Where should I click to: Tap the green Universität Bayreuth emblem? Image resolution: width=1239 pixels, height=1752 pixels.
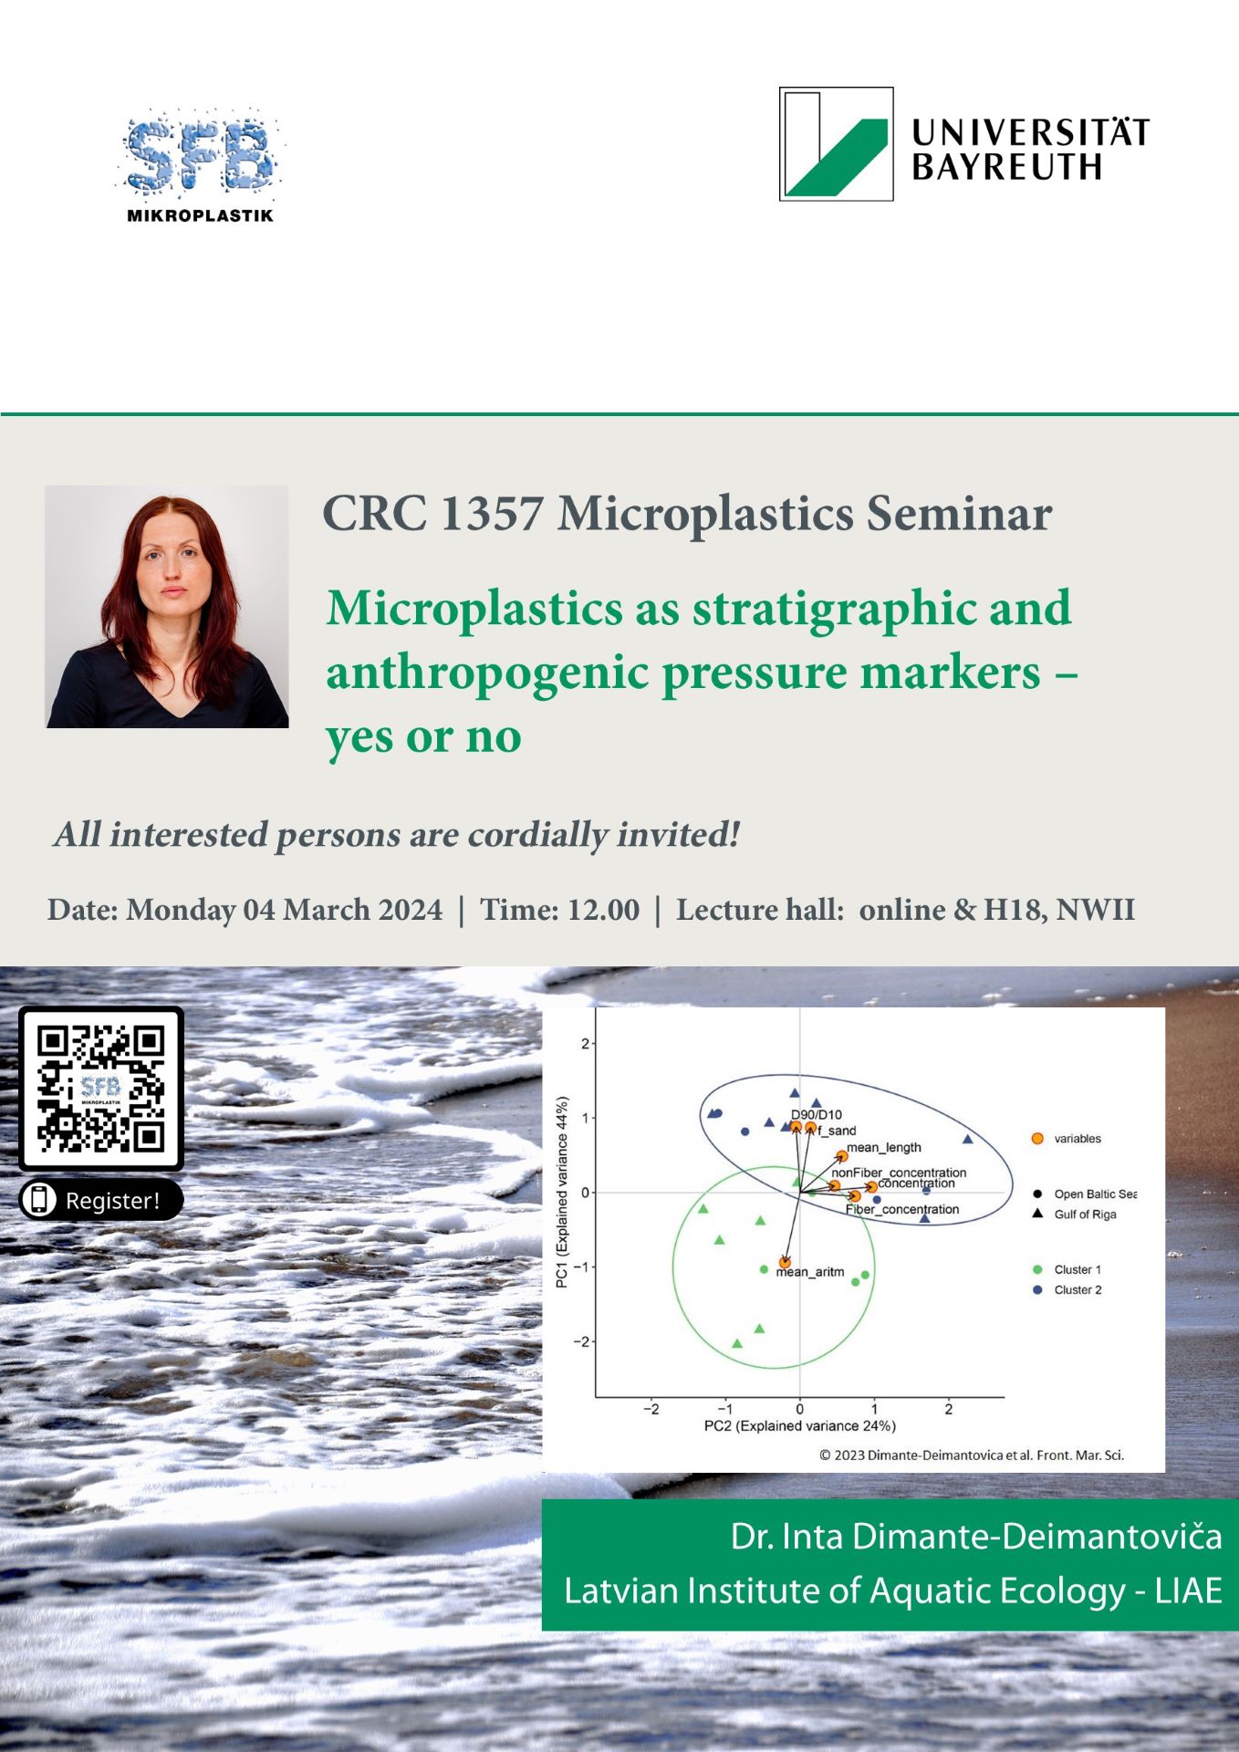(x=836, y=143)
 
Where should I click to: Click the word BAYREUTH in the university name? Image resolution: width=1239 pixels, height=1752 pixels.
(x=1006, y=167)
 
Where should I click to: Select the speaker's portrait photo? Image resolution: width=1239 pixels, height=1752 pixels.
(x=167, y=607)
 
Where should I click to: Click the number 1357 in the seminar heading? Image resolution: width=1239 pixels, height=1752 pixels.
(x=492, y=513)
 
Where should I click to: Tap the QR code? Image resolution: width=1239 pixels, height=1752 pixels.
(x=101, y=1088)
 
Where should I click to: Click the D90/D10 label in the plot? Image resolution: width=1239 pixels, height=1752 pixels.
(x=817, y=1114)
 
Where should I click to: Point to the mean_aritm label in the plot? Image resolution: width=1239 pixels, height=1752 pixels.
(x=810, y=1272)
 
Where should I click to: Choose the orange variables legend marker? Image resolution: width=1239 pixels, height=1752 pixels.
(x=1037, y=1139)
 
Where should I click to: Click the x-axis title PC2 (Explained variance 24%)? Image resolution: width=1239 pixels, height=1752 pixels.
(x=800, y=1425)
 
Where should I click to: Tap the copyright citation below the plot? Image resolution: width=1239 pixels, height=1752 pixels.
(x=972, y=1455)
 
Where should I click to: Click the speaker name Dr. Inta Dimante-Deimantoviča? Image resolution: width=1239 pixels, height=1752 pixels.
(x=976, y=1537)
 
